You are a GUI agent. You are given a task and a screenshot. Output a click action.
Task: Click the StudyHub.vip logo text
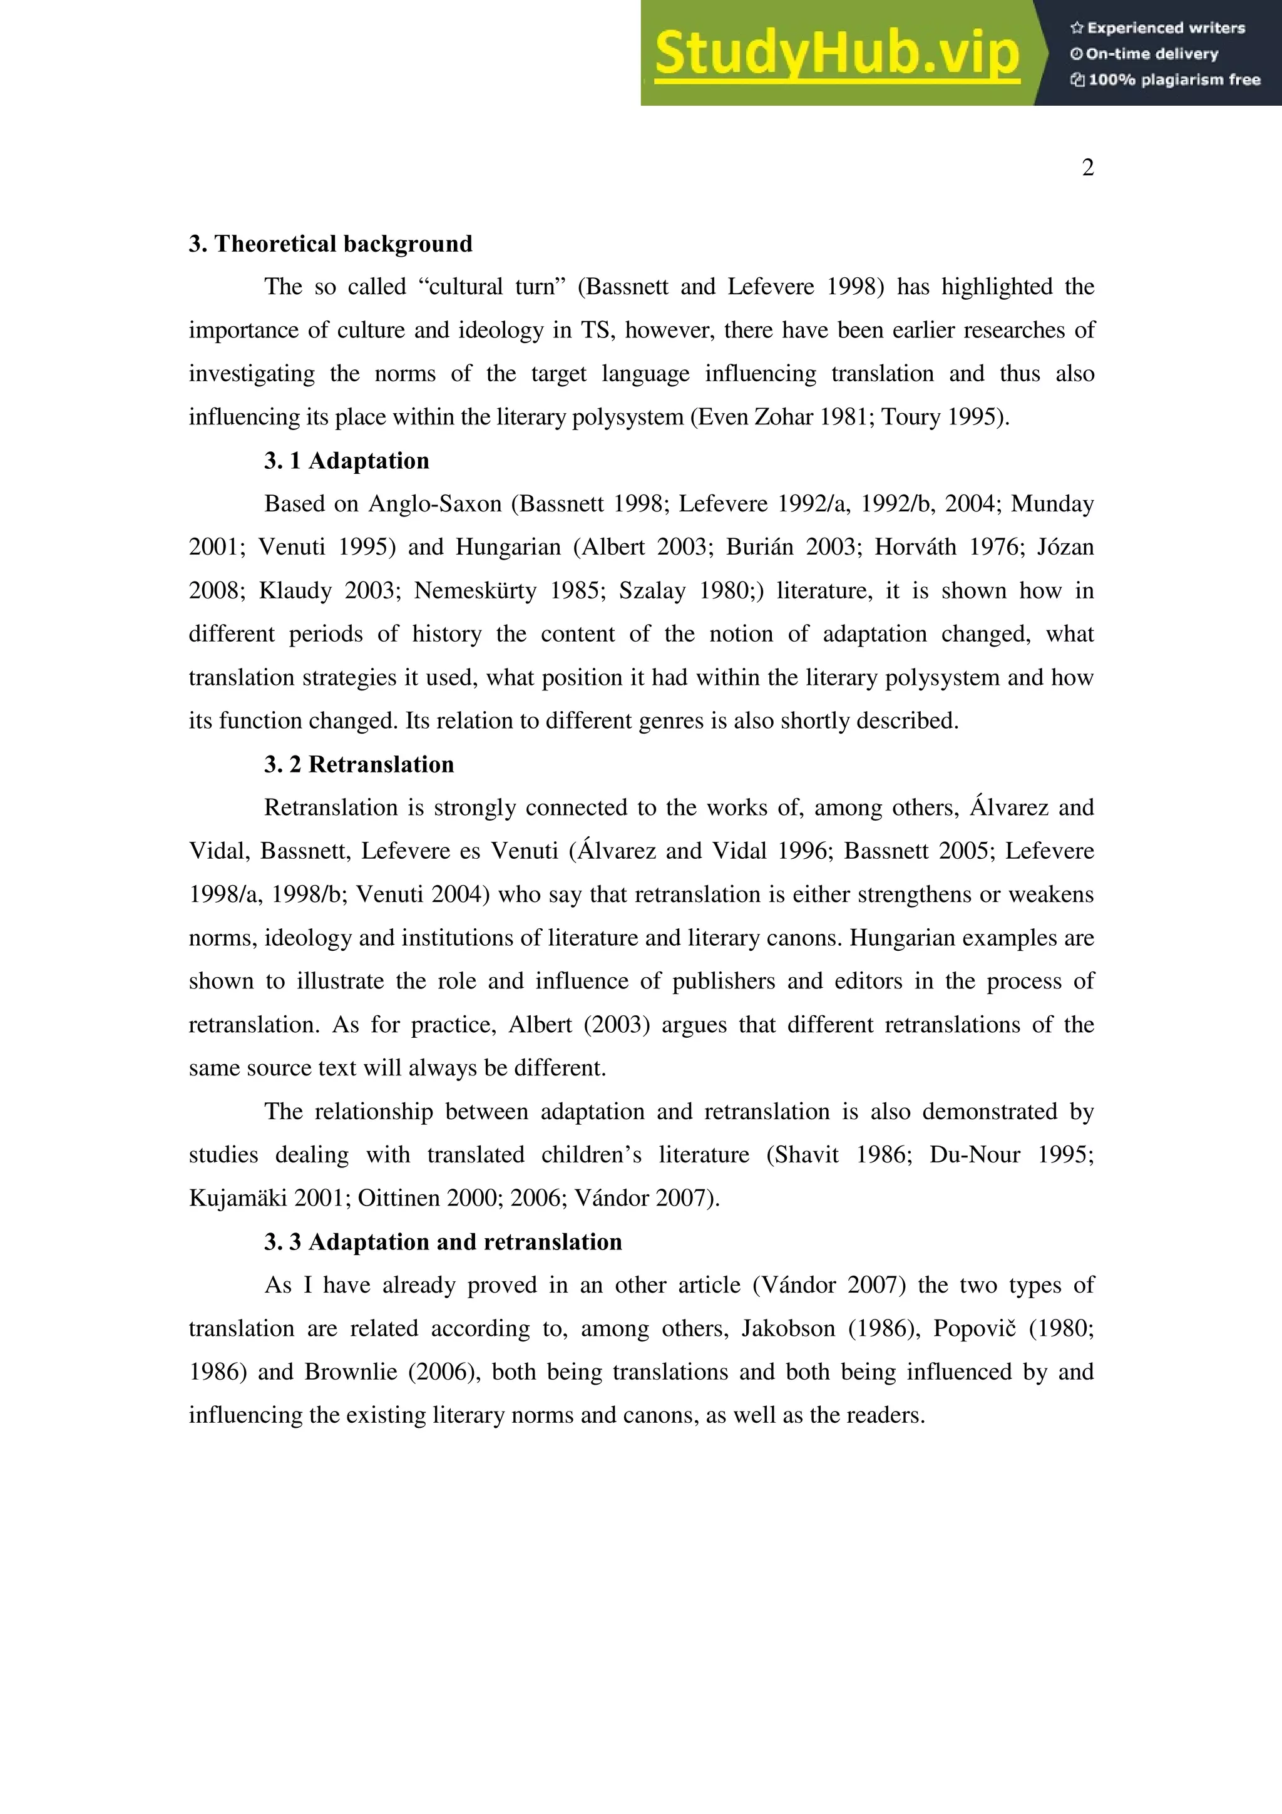click(836, 54)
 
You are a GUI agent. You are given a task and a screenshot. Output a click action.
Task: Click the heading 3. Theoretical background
click(330, 243)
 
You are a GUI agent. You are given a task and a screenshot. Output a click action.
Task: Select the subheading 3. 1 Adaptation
click(346, 461)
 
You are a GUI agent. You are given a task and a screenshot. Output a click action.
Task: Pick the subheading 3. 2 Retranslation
click(359, 764)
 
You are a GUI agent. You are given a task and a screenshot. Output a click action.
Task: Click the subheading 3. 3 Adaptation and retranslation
click(443, 1241)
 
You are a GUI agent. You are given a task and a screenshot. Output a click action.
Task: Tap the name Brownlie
click(350, 1371)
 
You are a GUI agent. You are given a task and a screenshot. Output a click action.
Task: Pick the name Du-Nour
click(974, 1155)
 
